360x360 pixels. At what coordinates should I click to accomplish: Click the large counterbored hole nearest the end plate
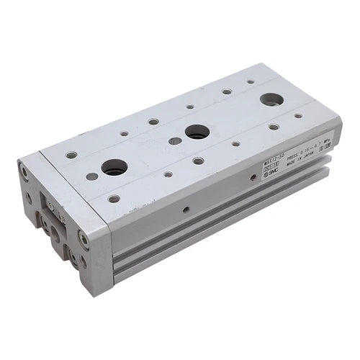click(114, 167)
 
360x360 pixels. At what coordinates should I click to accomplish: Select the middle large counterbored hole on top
click(196, 131)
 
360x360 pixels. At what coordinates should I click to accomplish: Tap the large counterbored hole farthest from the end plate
click(271, 99)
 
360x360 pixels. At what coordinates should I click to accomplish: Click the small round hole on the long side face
click(186, 210)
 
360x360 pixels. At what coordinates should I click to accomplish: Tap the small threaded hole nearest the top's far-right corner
click(299, 115)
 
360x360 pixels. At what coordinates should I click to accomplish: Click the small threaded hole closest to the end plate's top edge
click(71, 155)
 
